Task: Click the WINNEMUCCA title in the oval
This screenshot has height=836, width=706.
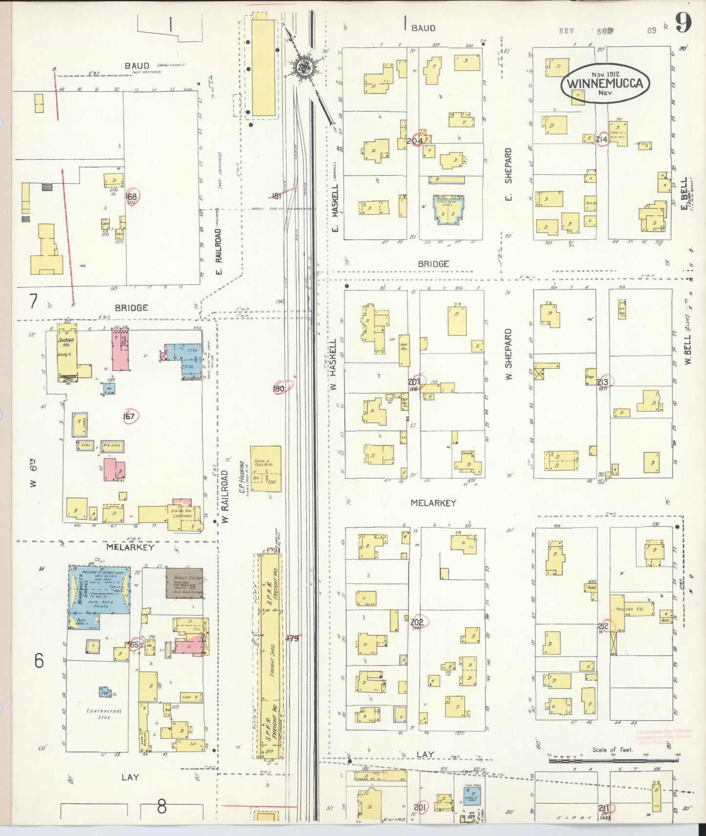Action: [x=605, y=83]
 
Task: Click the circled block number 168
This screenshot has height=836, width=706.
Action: [x=131, y=197]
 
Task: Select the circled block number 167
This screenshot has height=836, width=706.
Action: [x=129, y=417]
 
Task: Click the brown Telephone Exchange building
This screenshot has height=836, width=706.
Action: [x=184, y=583]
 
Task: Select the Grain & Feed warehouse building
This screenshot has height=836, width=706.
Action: [x=265, y=468]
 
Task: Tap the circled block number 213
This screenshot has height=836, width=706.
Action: [x=602, y=382]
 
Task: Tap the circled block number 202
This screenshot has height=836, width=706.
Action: [x=417, y=622]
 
